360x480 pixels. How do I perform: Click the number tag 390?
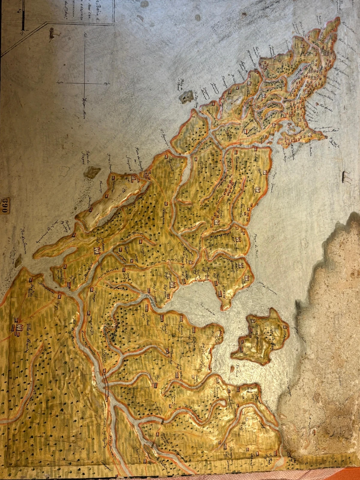[x=4, y=205]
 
